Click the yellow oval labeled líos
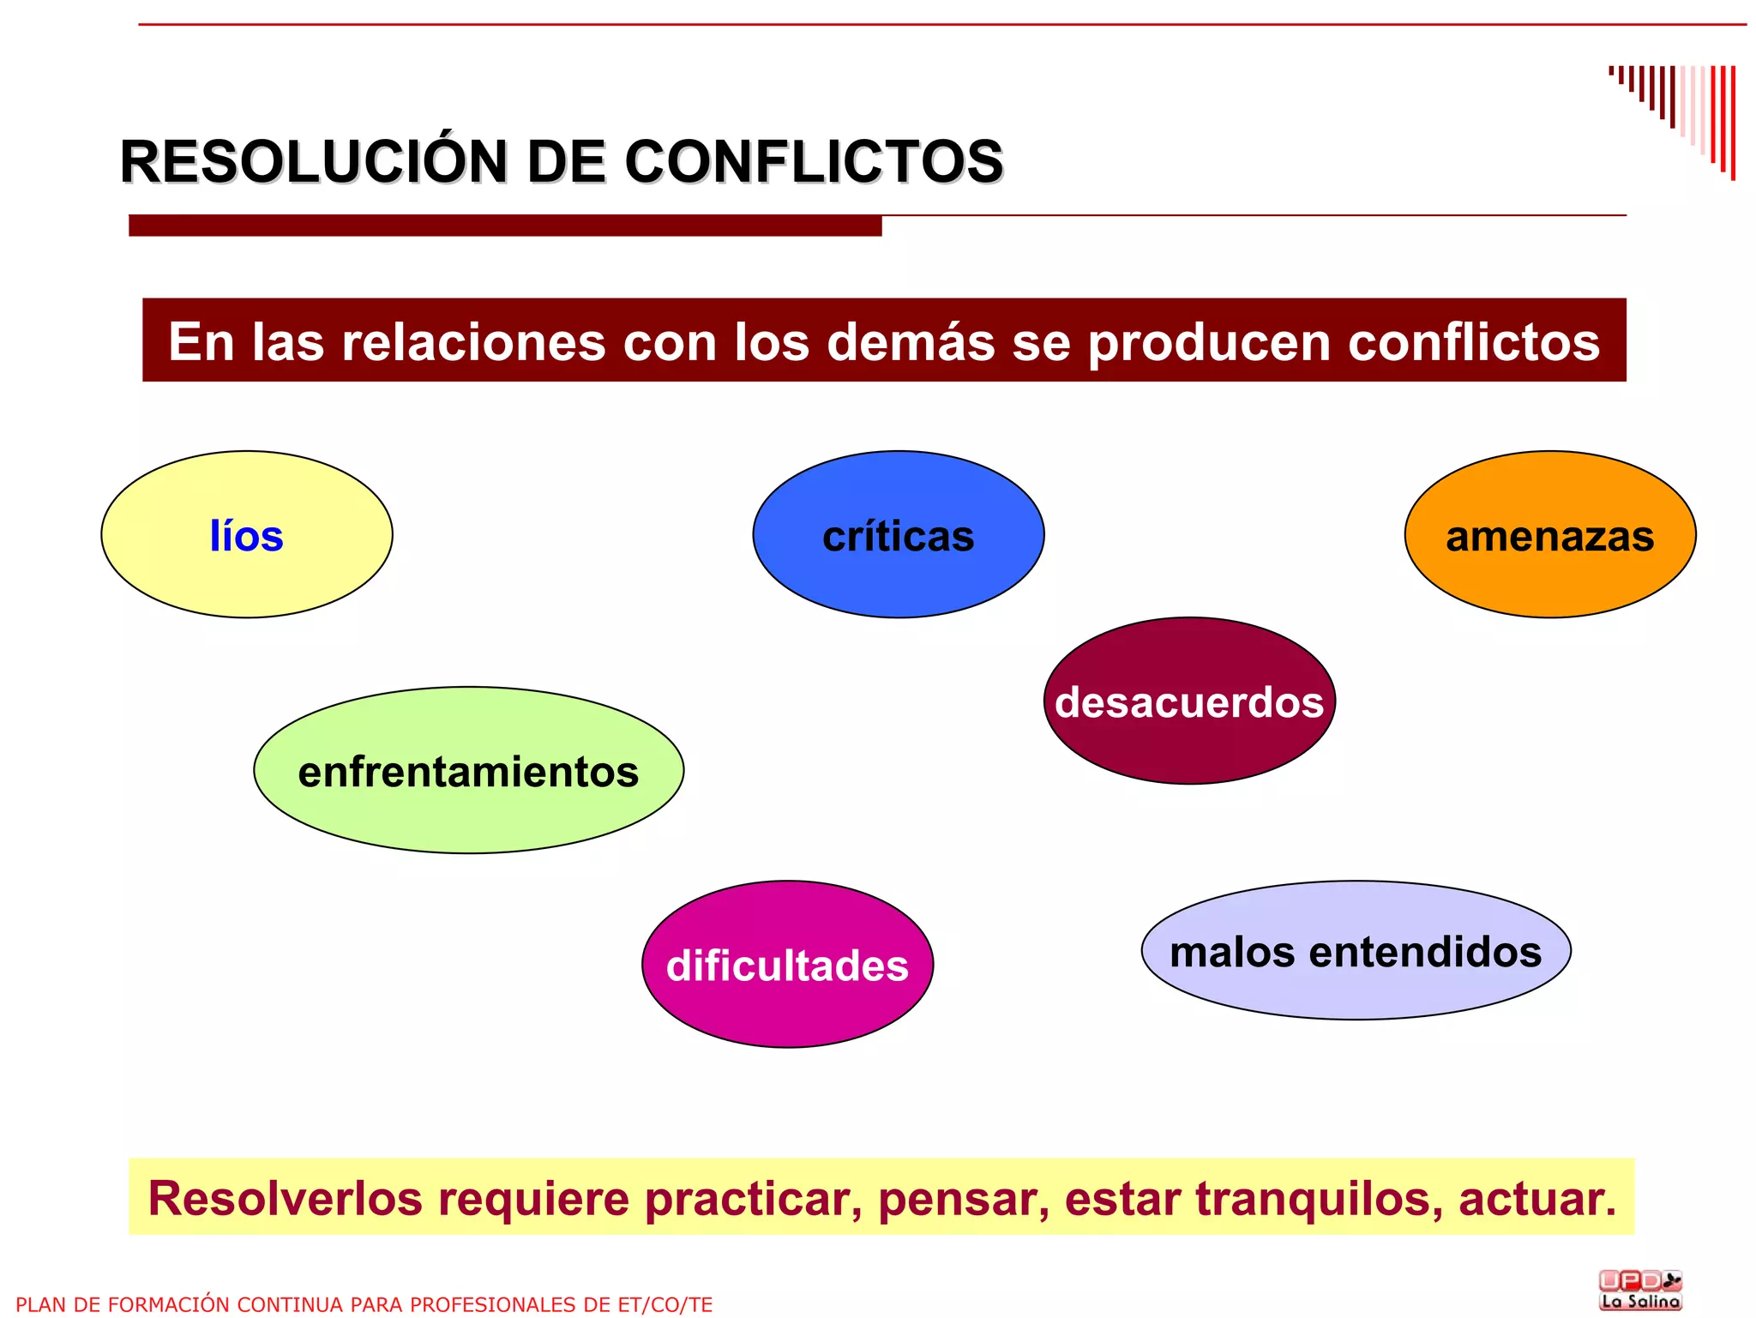pyautogui.click(x=247, y=534)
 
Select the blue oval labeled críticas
pyautogui.click(x=898, y=534)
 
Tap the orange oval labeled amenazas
pyautogui.click(x=1549, y=534)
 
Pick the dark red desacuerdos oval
pyautogui.click(x=1189, y=701)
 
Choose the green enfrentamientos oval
pyautogui.click(x=468, y=770)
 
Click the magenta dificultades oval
pyautogui.click(x=787, y=964)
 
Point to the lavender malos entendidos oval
pyautogui.click(x=1356, y=950)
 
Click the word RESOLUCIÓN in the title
pyautogui.click(x=314, y=161)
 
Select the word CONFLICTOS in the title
pyautogui.click(x=814, y=161)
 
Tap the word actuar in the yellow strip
pyautogui.click(x=1536, y=1199)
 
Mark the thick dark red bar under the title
pyautogui.click(x=505, y=226)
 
